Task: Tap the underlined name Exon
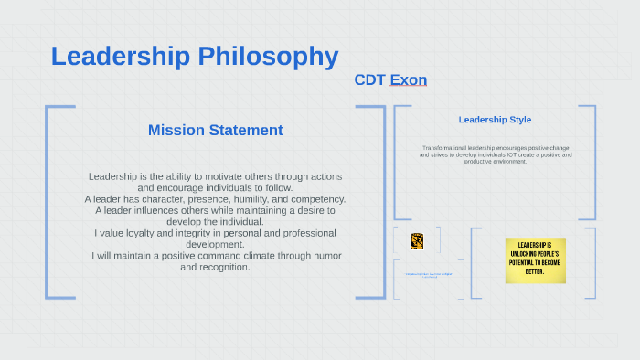(409, 80)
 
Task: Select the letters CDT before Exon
(369, 80)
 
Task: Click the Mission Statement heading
(215, 130)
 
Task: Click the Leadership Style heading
(495, 120)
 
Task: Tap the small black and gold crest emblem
(417, 241)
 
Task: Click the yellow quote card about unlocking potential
(535, 260)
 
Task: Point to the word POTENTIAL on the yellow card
(524, 261)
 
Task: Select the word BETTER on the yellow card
(535, 271)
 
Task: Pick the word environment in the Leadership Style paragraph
(509, 162)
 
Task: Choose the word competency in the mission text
(319, 199)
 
